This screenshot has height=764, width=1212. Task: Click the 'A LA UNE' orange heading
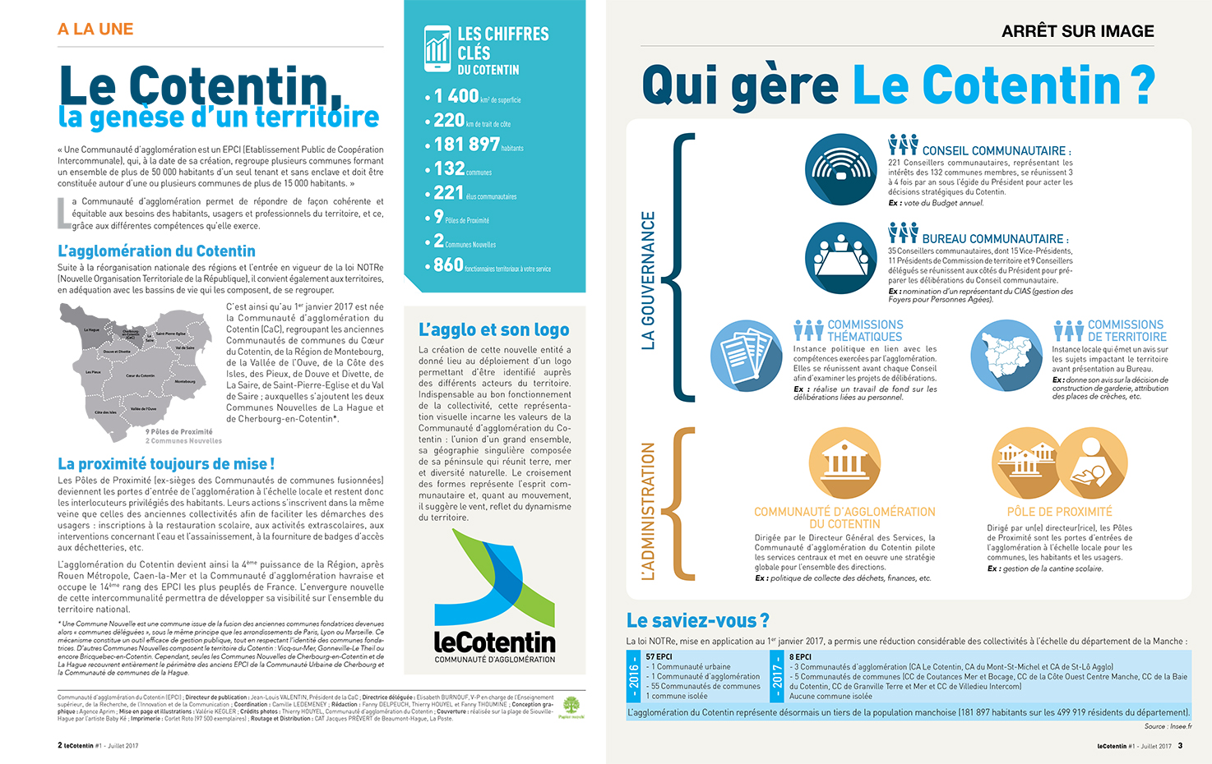(95, 30)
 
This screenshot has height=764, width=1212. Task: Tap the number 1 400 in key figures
(456, 96)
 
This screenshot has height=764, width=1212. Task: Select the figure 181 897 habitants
(466, 145)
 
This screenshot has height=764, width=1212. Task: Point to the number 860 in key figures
(448, 265)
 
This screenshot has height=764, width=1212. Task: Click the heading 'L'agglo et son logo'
(493, 329)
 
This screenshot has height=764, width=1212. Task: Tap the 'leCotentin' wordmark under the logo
(494, 642)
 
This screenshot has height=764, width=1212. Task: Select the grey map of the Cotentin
(136, 366)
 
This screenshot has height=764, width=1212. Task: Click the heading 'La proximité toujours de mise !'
(166, 464)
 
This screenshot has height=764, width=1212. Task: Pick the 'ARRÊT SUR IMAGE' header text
(1077, 31)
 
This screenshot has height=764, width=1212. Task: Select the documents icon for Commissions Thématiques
(746, 356)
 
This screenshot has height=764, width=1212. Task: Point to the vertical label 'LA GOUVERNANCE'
(648, 280)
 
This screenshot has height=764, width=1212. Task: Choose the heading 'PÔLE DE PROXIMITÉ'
(1059, 511)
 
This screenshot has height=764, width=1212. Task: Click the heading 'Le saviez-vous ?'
(697, 620)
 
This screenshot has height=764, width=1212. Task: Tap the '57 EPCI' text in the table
(659, 656)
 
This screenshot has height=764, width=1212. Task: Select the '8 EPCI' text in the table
(800, 656)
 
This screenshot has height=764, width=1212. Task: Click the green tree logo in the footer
(571, 706)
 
